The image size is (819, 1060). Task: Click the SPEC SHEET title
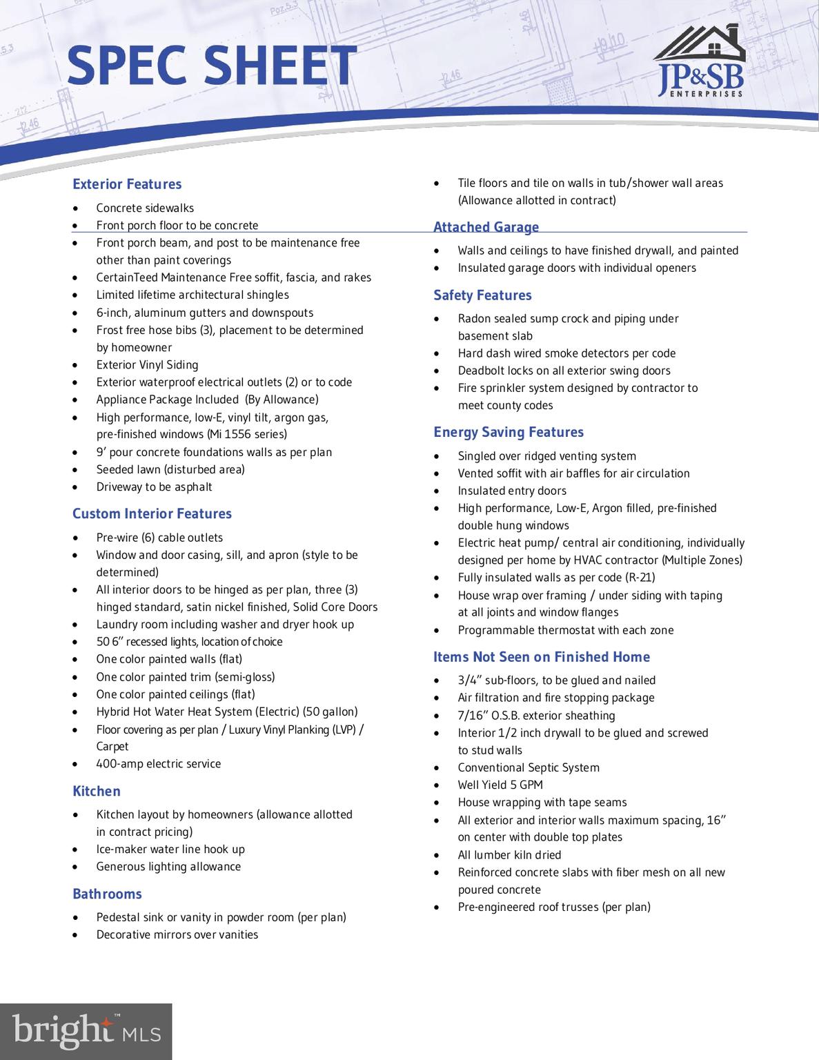coord(211,65)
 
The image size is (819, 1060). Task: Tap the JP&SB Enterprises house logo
coord(700,62)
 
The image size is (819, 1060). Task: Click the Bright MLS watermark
coord(86,1031)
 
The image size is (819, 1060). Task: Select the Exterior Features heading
coord(127,184)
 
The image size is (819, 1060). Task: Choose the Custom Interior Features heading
coord(152,513)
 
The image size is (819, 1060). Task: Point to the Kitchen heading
coord(97,791)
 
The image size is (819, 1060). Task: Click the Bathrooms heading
coord(107,894)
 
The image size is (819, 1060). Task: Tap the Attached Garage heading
coord(486,227)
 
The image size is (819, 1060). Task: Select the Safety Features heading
coord(482,295)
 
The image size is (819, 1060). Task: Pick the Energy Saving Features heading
coord(509,432)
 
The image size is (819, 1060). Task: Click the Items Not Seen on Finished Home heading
coord(542,657)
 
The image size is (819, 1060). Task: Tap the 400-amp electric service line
coord(159,764)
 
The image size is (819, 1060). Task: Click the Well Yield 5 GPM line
coord(500,785)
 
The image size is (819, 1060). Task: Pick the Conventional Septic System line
coord(529,767)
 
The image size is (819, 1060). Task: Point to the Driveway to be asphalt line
coord(154,487)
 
